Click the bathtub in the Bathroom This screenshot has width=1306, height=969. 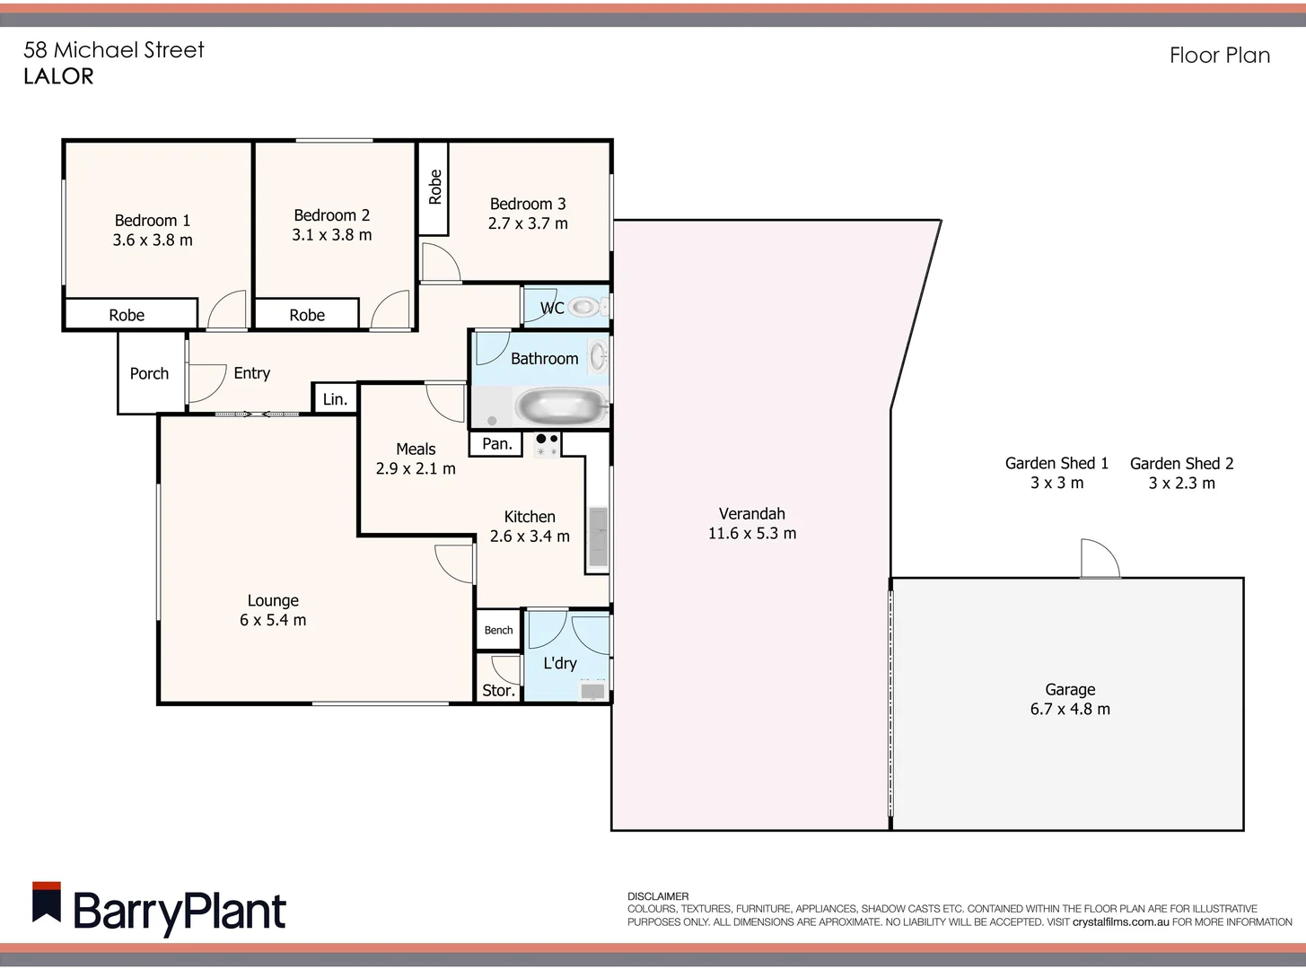(561, 406)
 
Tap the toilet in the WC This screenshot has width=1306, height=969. (585, 308)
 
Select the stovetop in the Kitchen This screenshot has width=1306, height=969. (547, 445)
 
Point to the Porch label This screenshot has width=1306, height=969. (149, 373)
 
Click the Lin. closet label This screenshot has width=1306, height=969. (335, 399)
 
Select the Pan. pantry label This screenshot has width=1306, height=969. (496, 443)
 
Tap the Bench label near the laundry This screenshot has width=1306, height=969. (498, 630)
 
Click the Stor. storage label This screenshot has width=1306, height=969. (498, 690)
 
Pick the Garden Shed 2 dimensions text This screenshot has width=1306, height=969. (1181, 484)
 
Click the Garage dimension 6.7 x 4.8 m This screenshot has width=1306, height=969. (1069, 709)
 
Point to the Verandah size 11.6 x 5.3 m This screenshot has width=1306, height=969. (751, 533)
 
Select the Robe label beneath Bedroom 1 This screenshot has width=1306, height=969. (127, 315)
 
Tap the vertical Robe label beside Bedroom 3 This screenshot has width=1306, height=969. (435, 187)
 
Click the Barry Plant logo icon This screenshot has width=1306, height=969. (47, 902)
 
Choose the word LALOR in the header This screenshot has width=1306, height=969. (58, 76)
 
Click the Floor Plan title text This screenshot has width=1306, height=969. (1219, 56)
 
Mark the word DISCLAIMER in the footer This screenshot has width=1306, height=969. (658, 896)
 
